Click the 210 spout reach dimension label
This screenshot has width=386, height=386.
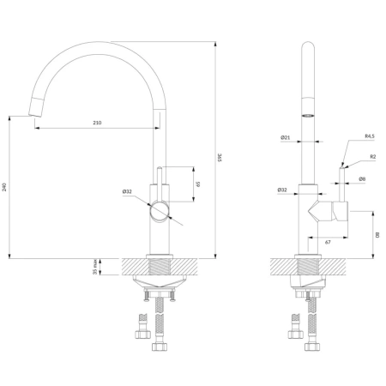[97, 123]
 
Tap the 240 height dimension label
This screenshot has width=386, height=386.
[4, 187]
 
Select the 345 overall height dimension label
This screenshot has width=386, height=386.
[220, 158]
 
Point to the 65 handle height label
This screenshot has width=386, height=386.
[198, 184]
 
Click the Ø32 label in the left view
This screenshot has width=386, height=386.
[127, 191]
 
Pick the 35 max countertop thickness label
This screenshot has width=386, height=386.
[95, 267]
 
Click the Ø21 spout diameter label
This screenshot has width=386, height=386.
[285, 137]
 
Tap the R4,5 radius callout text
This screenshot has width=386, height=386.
[370, 136]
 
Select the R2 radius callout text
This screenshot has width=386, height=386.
[373, 157]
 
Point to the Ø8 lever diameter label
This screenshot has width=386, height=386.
[362, 179]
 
